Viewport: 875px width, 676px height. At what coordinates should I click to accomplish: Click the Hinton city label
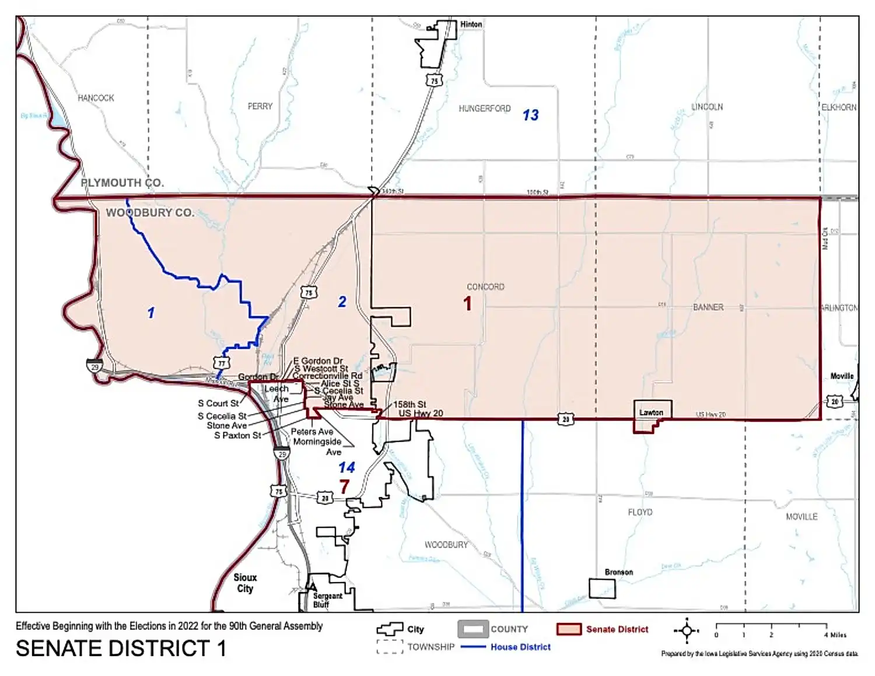point(471,24)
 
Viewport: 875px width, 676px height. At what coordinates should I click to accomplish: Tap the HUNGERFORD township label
point(484,108)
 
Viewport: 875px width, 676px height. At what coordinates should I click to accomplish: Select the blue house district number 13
point(530,115)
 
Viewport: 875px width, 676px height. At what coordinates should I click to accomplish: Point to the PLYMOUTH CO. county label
point(122,183)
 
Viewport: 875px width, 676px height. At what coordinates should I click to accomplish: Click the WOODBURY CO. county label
point(150,213)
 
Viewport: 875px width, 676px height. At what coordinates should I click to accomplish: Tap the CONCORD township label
point(485,287)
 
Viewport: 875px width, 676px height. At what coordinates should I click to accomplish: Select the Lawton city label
point(651,412)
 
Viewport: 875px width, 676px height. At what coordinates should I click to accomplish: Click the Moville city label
point(842,376)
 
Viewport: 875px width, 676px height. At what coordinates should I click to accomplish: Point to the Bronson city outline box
point(602,589)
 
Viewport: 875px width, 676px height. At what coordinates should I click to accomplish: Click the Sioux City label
point(245,583)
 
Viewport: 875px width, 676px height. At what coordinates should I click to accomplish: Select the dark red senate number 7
point(344,486)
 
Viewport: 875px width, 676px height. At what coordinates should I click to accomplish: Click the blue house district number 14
point(346,468)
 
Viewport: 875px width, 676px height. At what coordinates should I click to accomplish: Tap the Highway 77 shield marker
point(222,363)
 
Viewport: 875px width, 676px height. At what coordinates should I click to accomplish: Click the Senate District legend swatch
point(569,629)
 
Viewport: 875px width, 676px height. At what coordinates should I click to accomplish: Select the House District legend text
point(520,647)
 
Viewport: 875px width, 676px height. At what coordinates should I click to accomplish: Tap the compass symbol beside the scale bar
point(687,631)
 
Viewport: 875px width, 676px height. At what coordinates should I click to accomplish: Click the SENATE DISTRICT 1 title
point(121,649)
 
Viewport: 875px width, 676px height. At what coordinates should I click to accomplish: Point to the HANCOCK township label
point(96,98)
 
